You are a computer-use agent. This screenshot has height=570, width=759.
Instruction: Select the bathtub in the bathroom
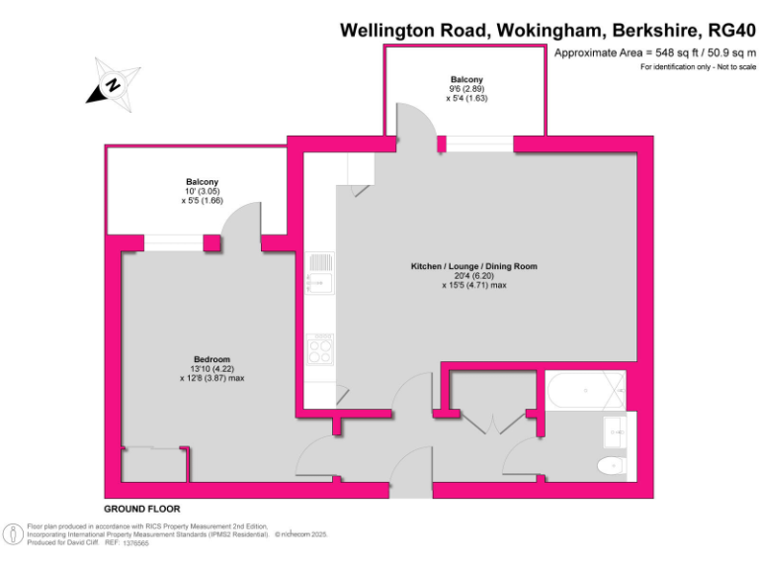point(584,392)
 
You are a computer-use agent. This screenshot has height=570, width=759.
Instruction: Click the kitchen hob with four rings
point(320,349)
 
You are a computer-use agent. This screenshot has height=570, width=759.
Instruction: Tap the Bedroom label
point(211,358)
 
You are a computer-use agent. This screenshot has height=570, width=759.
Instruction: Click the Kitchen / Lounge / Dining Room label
point(473,266)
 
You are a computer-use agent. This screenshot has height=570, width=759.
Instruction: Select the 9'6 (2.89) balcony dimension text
point(466,88)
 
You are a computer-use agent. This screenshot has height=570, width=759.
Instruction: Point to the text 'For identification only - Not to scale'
point(698,66)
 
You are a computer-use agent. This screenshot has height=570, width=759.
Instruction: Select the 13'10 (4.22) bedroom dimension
point(211,368)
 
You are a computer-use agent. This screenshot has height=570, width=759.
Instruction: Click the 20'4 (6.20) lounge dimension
point(473,276)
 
